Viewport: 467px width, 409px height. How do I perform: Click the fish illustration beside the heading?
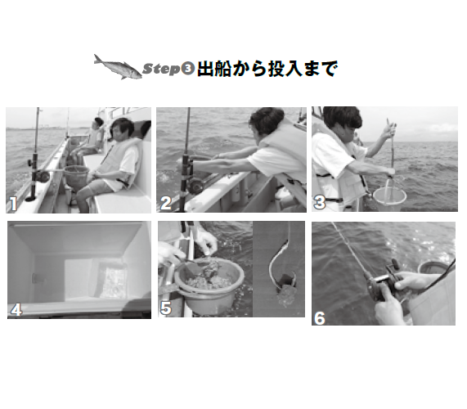118,67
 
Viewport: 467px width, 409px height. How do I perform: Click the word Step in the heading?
161,69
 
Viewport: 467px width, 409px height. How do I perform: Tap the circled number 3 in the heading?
187,70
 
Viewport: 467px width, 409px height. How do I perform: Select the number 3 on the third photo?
320,199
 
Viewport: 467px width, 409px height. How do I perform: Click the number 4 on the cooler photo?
16,310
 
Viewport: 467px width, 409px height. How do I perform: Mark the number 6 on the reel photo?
320,317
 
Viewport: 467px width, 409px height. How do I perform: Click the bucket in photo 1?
75,176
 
